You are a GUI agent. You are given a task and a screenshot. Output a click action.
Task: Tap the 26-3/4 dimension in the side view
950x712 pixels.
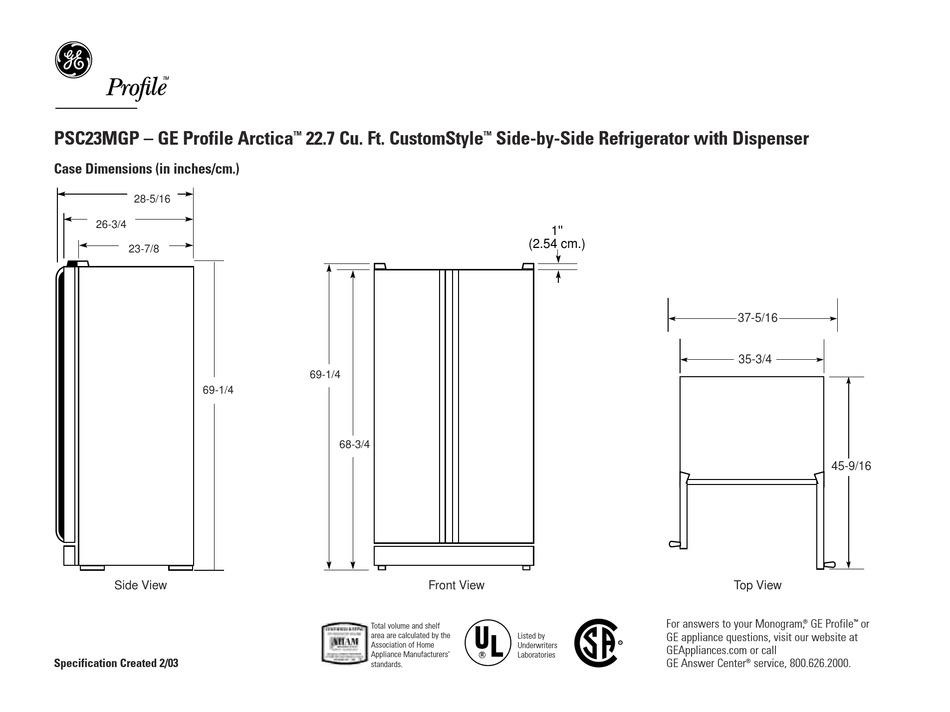pos(111,224)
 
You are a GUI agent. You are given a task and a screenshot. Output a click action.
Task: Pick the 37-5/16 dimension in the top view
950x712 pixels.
pos(757,318)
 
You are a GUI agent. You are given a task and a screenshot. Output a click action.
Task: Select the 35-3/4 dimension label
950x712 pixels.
pos(755,358)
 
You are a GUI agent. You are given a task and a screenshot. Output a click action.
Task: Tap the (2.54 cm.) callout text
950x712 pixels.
pos(556,244)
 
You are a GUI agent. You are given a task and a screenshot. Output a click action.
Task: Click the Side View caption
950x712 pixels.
pos(140,585)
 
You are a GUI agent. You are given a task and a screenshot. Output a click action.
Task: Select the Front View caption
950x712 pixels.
pos(456,585)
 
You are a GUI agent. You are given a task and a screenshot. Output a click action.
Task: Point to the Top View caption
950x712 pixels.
pos(757,585)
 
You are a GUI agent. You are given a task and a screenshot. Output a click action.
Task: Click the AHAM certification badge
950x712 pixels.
pos(342,646)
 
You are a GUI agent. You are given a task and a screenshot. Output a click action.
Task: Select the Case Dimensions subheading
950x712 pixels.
pos(146,171)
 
